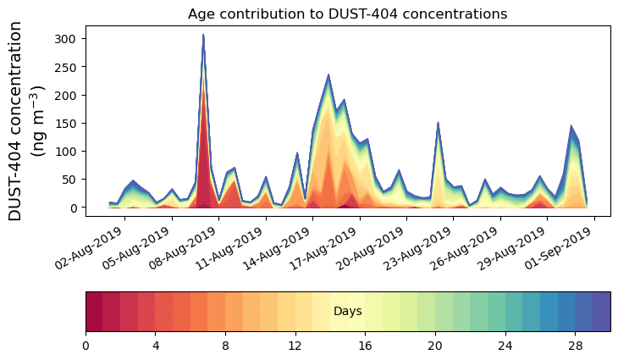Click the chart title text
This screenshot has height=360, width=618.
347,14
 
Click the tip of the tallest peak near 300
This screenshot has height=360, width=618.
203,35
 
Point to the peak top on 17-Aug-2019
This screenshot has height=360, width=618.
328,75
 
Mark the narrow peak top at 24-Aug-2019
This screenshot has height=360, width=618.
438,123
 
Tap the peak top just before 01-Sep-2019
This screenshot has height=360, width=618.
571,126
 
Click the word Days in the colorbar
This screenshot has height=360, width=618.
347,312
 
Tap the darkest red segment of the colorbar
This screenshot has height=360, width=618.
94,312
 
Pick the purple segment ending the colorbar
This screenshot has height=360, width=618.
602,312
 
